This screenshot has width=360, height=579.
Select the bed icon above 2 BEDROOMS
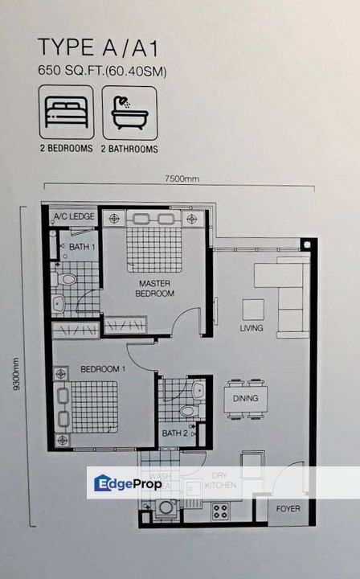[66, 113]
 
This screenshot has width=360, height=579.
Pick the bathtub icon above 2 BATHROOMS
[129, 113]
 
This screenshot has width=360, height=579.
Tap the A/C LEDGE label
[73, 217]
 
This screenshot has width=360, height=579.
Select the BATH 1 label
[81, 247]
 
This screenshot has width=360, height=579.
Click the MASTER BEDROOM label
[155, 289]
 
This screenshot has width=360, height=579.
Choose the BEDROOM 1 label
[99, 369]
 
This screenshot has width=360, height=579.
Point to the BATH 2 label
[174, 433]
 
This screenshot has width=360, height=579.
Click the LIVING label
[252, 329]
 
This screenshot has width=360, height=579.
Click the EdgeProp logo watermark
[129, 483]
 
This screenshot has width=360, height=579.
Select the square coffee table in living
[253, 310]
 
